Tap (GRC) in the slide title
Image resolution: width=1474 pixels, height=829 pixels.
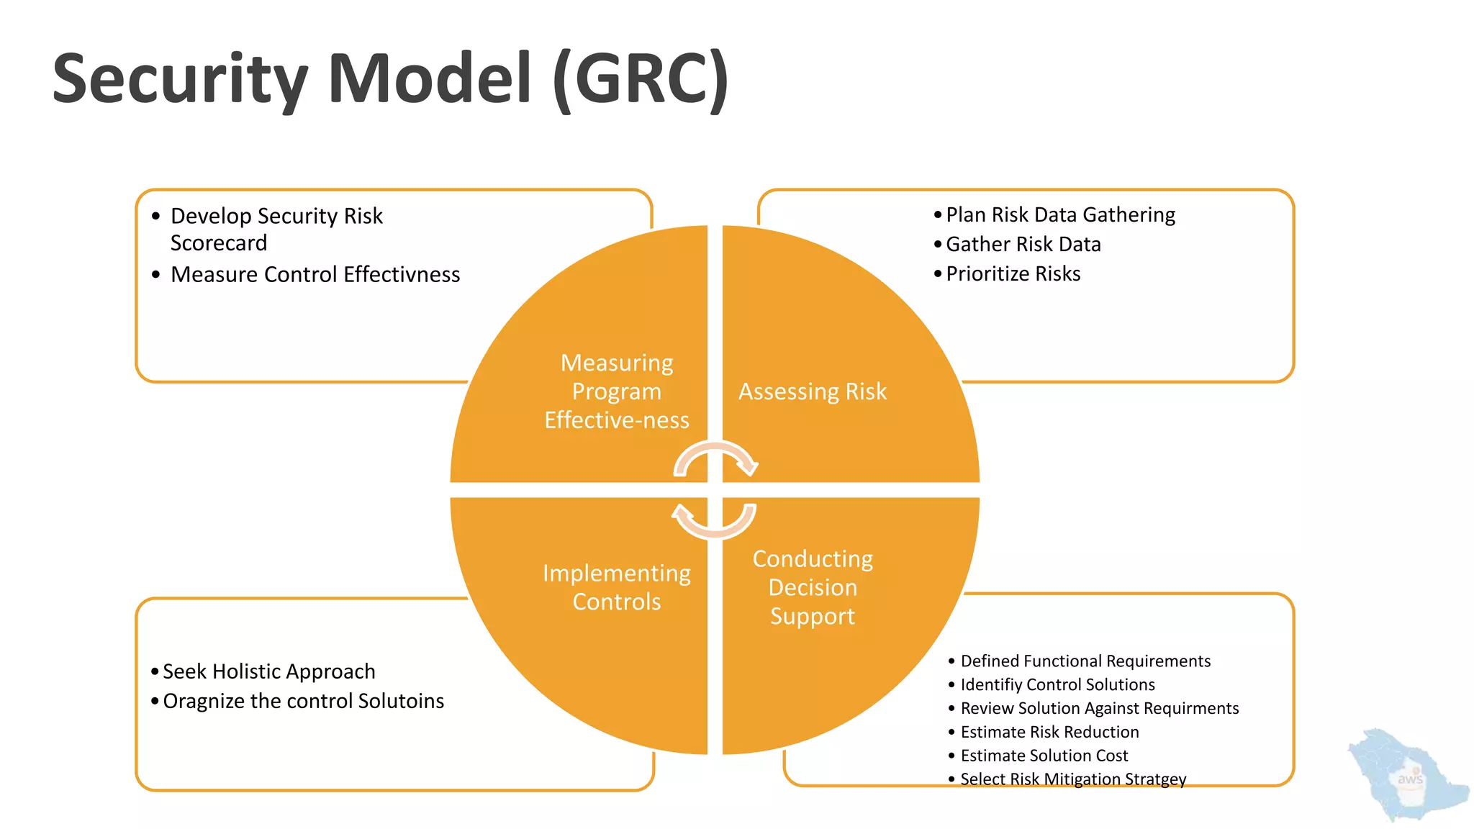point(641,79)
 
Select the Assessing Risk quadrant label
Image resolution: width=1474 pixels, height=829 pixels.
point(812,391)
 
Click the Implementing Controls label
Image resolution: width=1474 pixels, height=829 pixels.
point(616,587)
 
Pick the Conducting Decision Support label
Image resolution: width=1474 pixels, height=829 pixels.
point(812,587)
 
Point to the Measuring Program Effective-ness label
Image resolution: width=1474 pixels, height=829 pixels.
point(616,391)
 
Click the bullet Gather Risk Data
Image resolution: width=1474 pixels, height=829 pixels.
point(1023,245)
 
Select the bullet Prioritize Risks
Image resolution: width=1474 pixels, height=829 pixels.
point(1013,274)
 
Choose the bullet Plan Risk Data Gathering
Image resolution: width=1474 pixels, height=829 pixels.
point(1059,215)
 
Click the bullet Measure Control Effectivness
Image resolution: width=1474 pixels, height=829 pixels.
point(315,275)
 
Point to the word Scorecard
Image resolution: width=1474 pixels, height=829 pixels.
point(218,243)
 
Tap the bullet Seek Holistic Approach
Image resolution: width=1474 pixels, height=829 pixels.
point(268,671)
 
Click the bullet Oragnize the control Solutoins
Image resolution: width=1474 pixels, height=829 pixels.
point(303,701)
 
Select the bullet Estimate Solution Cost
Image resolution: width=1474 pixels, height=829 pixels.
point(1044,756)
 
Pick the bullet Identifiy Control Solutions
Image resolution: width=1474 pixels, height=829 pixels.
point(1057,684)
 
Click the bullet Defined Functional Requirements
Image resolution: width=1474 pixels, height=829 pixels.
point(1085,661)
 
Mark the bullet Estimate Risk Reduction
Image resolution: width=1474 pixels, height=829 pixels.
point(1049,732)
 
